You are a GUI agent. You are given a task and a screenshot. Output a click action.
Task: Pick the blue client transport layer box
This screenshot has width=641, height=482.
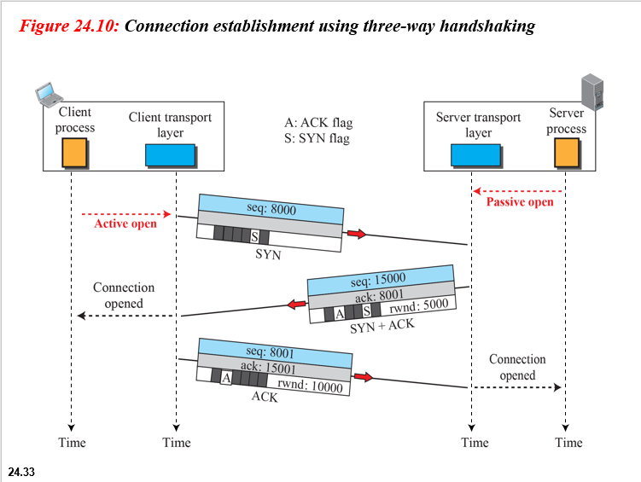(x=170, y=154)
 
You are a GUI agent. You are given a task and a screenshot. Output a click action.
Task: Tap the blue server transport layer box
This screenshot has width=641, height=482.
(x=475, y=154)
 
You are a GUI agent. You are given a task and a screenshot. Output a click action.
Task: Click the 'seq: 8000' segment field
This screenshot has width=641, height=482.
(x=271, y=208)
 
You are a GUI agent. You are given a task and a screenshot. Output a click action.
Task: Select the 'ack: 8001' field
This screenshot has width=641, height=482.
(x=382, y=295)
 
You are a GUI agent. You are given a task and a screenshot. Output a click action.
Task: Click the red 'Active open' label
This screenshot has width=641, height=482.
(x=125, y=224)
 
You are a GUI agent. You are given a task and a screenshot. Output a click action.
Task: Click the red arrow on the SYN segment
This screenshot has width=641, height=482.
(x=356, y=234)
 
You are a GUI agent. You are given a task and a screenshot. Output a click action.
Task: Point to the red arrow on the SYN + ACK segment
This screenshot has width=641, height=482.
(x=296, y=304)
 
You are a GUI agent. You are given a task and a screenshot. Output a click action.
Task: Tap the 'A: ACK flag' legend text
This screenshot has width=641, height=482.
(x=317, y=122)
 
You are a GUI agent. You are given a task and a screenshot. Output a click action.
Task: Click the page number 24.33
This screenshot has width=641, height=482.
(x=21, y=471)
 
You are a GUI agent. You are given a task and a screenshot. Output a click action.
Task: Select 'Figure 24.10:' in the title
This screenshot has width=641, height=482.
(x=70, y=26)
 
